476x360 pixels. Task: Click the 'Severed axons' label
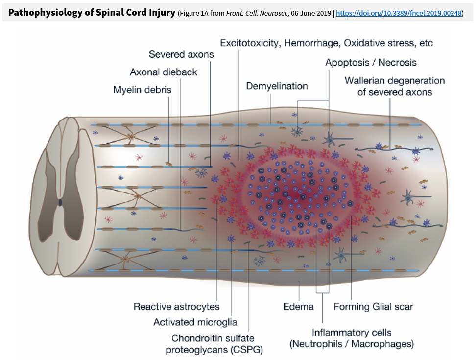point(181,54)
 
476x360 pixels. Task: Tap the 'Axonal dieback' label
point(164,72)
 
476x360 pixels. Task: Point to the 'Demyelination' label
point(277,86)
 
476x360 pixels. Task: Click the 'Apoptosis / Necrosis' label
point(371,62)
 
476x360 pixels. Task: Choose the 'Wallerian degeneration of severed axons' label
point(395,86)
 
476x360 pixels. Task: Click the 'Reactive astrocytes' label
point(176,307)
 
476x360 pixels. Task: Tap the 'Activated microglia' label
point(195,322)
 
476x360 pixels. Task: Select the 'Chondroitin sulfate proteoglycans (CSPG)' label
point(213,344)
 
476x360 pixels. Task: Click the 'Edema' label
point(298,307)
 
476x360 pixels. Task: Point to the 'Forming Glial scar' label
point(373,307)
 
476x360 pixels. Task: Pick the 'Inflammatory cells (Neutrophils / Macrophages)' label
point(352,338)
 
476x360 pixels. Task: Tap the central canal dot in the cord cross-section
point(60,202)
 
